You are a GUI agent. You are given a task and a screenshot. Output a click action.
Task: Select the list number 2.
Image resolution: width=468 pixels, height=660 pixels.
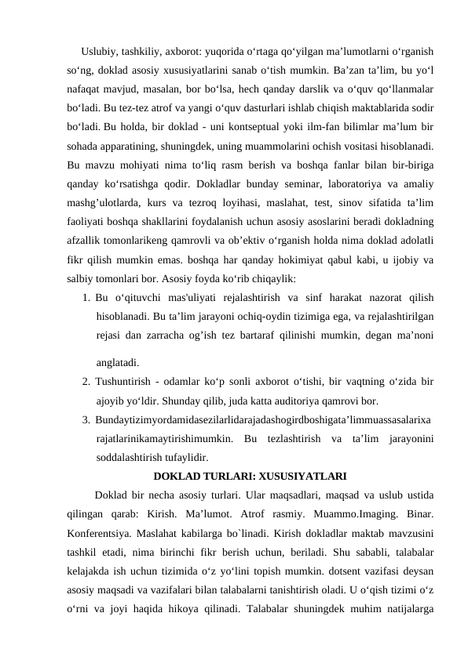(84, 381)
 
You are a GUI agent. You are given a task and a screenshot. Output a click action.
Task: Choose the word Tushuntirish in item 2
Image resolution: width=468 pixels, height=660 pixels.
(122, 381)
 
